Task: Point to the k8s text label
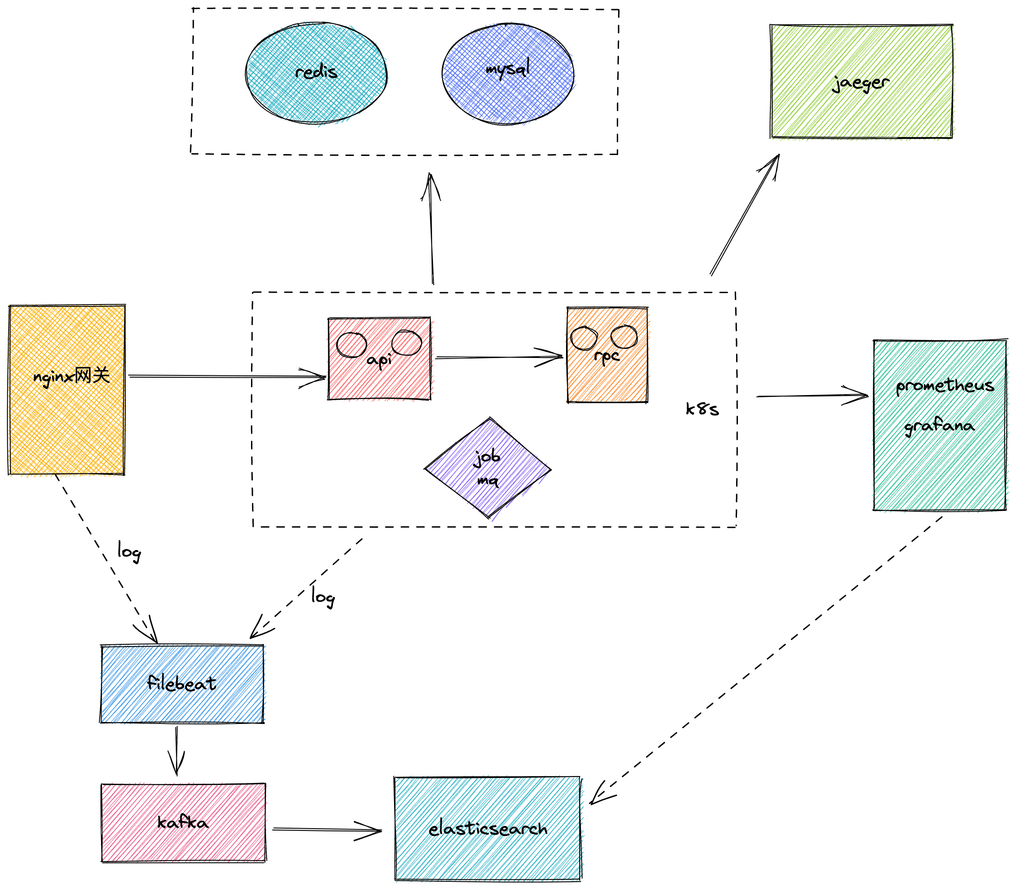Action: point(702,409)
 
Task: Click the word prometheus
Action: point(944,386)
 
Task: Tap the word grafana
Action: point(939,426)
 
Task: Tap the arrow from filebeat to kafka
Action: point(176,749)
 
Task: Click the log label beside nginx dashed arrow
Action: point(129,552)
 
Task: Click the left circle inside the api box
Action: point(351,344)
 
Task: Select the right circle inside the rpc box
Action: point(624,337)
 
